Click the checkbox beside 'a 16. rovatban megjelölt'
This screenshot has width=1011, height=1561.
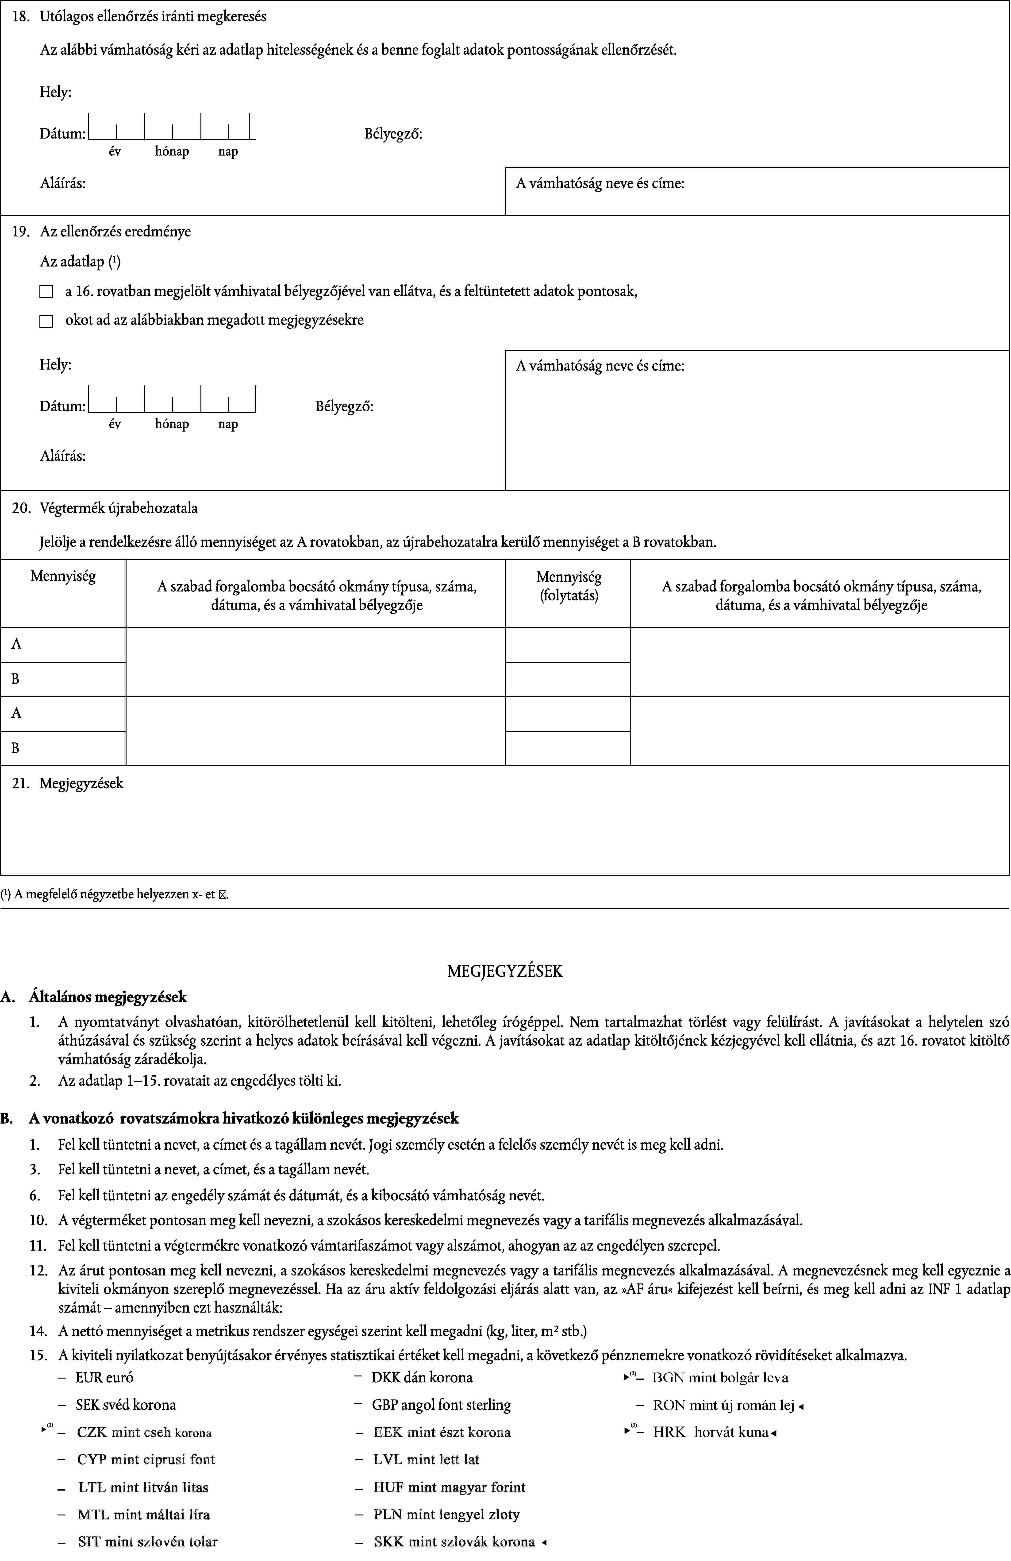tap(46, 292)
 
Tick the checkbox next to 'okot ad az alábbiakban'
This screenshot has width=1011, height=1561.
tap(46, 321)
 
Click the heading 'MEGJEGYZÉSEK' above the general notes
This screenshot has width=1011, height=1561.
tap(505, 971)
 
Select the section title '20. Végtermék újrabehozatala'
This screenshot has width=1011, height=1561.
tap(105, 508)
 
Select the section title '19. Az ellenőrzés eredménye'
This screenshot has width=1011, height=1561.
tap(102, 232)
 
